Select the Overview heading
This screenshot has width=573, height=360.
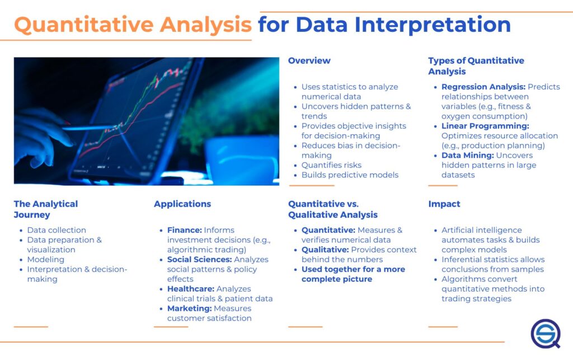coord(309,60)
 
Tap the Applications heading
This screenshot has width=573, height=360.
coord(182,204)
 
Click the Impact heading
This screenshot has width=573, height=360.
coord(444,204)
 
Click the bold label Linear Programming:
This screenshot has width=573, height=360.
coord(485,126)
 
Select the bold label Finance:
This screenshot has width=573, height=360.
coord(184,230)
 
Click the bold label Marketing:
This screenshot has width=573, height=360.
coord(189,308)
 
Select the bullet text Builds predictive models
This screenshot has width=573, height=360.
coord(350,175)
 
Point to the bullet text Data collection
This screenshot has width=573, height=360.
coord(57,230)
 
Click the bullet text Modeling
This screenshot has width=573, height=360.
coord(45,259)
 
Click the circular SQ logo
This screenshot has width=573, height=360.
coord(544,334)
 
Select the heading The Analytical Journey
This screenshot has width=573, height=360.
coord(46,209)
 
